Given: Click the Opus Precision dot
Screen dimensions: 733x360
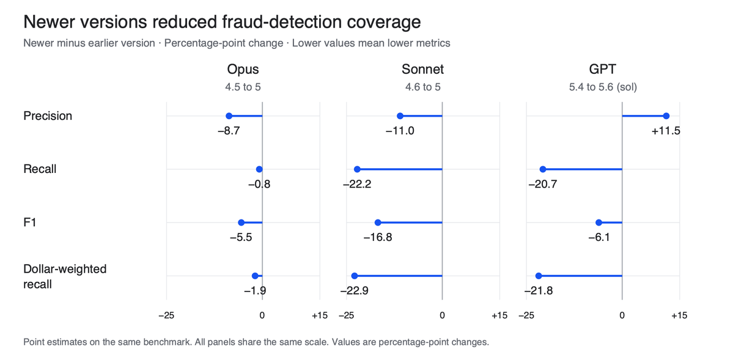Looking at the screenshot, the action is [229, 116].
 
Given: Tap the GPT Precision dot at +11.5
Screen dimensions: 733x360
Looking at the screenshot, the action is [666, 116].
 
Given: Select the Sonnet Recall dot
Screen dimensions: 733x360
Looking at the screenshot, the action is [357, 169].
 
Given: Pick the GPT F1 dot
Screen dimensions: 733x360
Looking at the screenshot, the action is [599, 222].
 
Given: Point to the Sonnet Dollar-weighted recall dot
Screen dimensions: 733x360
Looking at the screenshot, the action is [355, 276].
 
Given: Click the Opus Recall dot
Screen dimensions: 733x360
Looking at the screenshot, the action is [259, 169].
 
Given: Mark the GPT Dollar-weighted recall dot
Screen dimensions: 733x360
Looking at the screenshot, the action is [539, 276].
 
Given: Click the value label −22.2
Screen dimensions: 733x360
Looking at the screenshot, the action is [357, 184].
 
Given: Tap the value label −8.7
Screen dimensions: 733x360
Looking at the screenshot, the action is [229, 131].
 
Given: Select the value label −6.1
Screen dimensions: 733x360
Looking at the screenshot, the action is [599, 238].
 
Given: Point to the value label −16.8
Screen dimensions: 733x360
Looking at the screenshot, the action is [378, 238].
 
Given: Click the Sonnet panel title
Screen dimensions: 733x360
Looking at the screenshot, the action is [422, 70].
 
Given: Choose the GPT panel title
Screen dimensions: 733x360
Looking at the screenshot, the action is [603, 70].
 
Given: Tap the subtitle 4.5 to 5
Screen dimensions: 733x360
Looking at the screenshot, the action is [243, 87].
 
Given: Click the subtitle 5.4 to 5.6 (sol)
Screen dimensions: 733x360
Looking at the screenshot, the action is [603, 87].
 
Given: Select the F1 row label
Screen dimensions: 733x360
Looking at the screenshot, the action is [30, 222].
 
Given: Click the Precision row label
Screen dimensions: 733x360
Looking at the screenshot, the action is [48, 116].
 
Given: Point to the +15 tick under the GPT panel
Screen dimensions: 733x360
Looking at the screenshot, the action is [679, 315].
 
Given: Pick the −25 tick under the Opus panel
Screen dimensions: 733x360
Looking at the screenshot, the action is [166, 315].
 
